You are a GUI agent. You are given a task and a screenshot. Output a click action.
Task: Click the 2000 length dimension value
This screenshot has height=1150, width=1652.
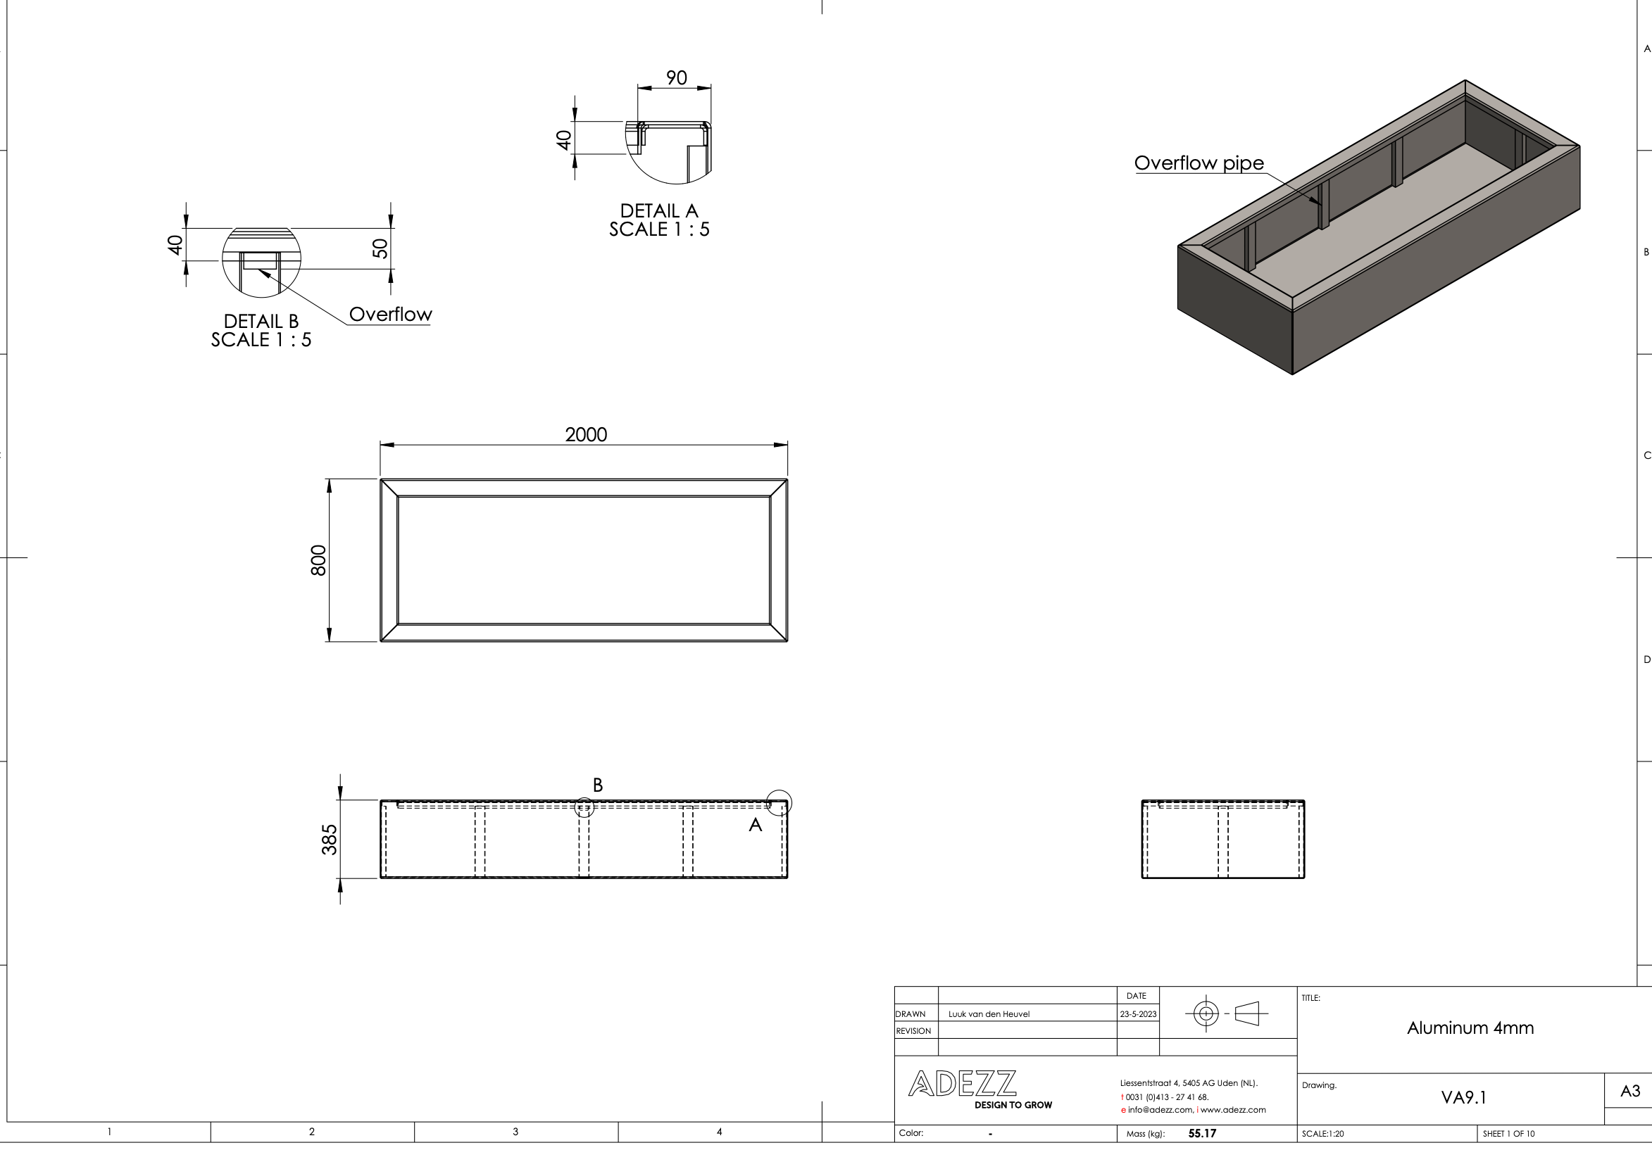pyautogui.click(x=586, y=434)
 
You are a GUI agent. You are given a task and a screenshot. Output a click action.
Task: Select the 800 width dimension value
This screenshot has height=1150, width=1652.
pyautogui.click(x=319, y=560)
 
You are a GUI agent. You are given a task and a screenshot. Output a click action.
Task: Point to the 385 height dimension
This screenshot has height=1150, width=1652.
pyautogui.click(x=329, y=840)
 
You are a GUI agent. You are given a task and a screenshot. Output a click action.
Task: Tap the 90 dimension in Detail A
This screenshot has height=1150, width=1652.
pyautogui.click(x=676, y=77)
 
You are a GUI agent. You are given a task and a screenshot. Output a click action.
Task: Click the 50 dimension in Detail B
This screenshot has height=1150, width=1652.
pyautogui.click(x=380, y=249)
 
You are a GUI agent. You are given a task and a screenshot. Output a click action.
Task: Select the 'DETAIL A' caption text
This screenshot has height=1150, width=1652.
pyautogui.click(x=659, y=210)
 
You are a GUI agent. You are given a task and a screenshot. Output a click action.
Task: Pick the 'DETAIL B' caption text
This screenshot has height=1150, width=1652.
pyautogui.click(x=261, y=321)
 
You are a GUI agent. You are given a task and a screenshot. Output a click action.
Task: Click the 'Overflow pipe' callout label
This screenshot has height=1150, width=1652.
pyautogui.click(x=1199, y=163)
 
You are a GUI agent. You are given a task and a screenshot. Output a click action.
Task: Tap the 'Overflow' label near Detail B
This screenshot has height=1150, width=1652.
pyautogui.click(x=390, y=315)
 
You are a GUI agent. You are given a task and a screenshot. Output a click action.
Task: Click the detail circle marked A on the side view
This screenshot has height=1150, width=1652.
pyautogui.click(x=779, y=802)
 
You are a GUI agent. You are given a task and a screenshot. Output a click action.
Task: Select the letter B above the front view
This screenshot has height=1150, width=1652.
pyautogui.click(x=597, y=785)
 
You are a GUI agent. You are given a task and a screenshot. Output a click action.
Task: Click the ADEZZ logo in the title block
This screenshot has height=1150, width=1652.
pyautogui.click(x=962, y=1084)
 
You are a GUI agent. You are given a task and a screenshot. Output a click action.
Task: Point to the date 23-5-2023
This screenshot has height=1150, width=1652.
pyautogui.click(x=1137, y=1014)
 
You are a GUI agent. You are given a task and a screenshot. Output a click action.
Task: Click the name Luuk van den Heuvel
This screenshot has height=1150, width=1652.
pyautogui.click(x=989, y=1014)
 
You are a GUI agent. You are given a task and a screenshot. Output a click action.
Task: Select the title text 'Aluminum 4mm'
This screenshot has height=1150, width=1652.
pyautogui.click(x=1470, y=1028)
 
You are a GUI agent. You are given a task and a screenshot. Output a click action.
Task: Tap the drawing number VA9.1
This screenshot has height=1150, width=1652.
pyautogui.click(x=1463, y=1097)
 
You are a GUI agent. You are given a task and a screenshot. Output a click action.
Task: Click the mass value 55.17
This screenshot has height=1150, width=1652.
pyautogui.click(x=1201, y=1133)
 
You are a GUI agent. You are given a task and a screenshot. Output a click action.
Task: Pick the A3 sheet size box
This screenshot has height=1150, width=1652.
pyautogui.click(x=1629, y=1091)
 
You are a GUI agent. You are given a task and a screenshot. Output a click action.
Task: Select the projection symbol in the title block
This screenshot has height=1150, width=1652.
pyautogui.click(x=1226, y=1014)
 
